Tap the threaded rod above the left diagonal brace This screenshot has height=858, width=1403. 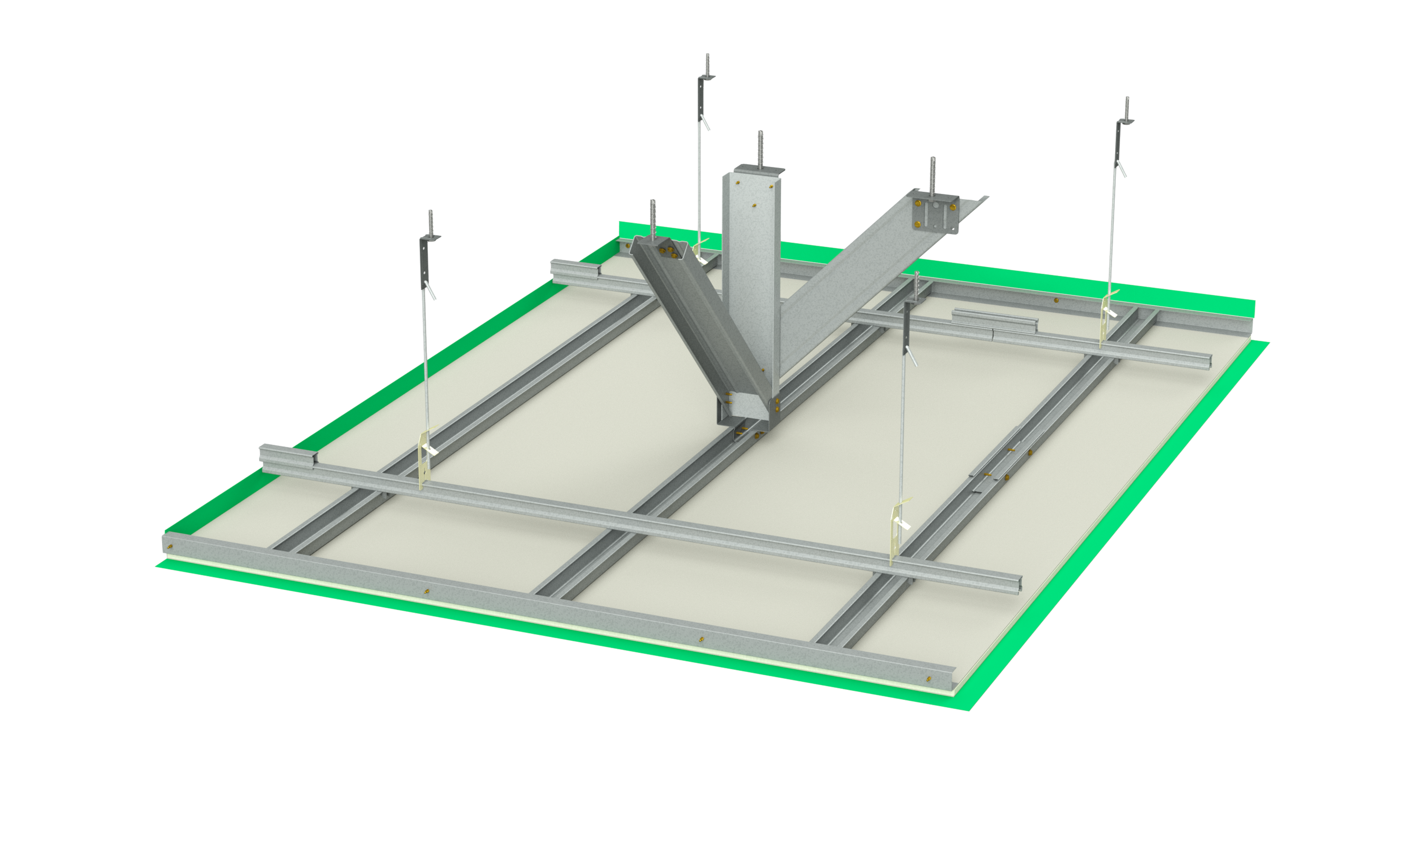point(653,218)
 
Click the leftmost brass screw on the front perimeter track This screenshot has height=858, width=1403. point(170,546)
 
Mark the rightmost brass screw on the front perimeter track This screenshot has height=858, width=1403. point(929,678)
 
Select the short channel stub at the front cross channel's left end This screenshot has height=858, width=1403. point(288,456)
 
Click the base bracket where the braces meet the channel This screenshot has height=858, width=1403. point(746,422)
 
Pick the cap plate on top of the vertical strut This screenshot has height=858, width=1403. point(759,170)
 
